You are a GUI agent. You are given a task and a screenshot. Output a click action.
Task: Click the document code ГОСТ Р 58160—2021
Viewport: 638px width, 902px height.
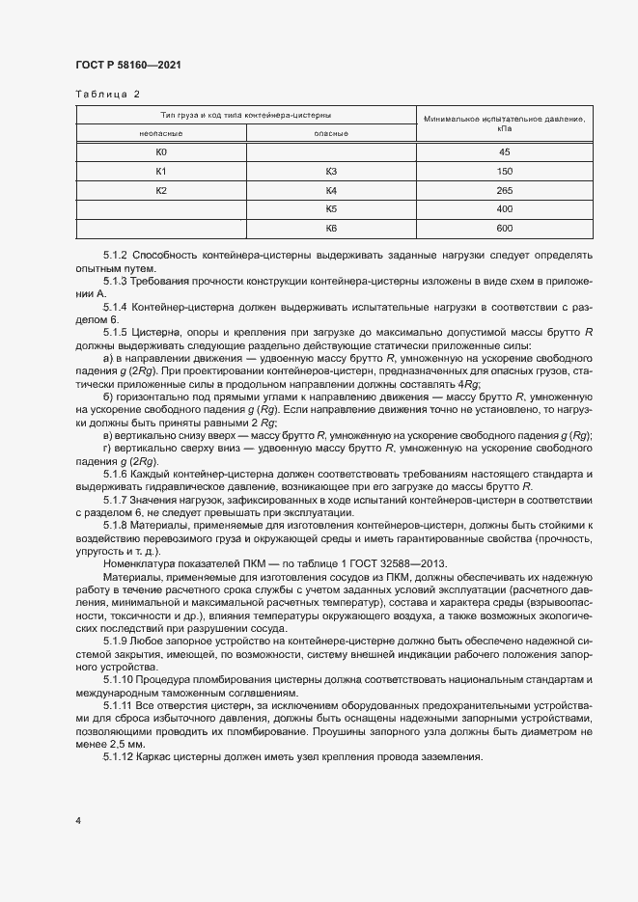pos(127,65)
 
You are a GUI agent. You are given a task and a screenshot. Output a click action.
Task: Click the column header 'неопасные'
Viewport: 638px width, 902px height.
pos(162,134)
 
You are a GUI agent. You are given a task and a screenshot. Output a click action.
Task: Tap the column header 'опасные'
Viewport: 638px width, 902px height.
pos(331,134)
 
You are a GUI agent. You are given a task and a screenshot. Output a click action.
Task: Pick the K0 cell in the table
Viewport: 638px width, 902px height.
pos(162,152)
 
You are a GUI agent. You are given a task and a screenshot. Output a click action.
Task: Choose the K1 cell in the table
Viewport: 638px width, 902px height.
pos(162,172)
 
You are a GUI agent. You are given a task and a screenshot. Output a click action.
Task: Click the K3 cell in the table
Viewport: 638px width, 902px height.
pos(331,172)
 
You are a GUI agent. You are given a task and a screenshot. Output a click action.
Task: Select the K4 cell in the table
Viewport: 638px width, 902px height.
pos(331,190)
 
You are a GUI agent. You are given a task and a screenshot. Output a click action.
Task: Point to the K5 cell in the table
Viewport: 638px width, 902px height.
pos(331,208)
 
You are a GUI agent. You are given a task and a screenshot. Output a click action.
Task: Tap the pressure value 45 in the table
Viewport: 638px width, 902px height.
pos(504,152)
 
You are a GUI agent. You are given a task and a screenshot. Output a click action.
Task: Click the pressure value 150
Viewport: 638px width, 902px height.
pos(504,172)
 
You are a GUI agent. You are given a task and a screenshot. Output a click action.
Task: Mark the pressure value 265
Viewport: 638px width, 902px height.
pos(504,190)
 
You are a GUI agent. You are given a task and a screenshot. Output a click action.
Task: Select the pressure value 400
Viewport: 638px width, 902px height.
pos(504,208)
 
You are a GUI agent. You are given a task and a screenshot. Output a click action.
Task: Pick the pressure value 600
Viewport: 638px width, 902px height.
pos(504,228)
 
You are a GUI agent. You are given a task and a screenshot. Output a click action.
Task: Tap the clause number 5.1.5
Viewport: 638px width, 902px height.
pos(116,332)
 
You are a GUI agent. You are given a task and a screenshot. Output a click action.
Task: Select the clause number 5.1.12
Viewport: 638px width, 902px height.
pos(119,757)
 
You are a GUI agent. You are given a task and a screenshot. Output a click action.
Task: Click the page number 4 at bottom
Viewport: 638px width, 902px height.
pos(78,820)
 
